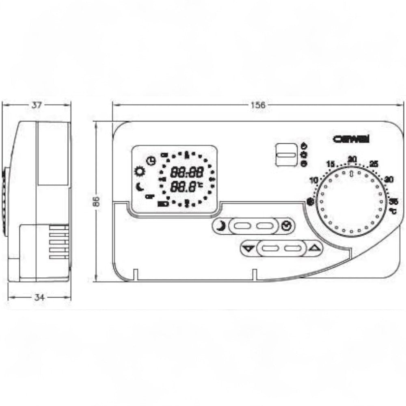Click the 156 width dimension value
click(x=257, y=105)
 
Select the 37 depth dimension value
click(x=37, y=105)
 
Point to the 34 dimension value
click(x=39, y=298)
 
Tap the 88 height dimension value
click(x=96, y=202)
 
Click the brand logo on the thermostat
click(x=351, y=138)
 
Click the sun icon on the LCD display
click(x=140, y=172)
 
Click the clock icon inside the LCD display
click(x=151, y=161)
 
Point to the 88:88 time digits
click(x=187, y=173)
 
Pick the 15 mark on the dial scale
click(x=330, y=164)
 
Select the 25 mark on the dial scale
click(x=374, y=164)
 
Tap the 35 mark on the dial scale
click(x=393, y=201)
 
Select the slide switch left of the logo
click(x=286, y=154)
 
